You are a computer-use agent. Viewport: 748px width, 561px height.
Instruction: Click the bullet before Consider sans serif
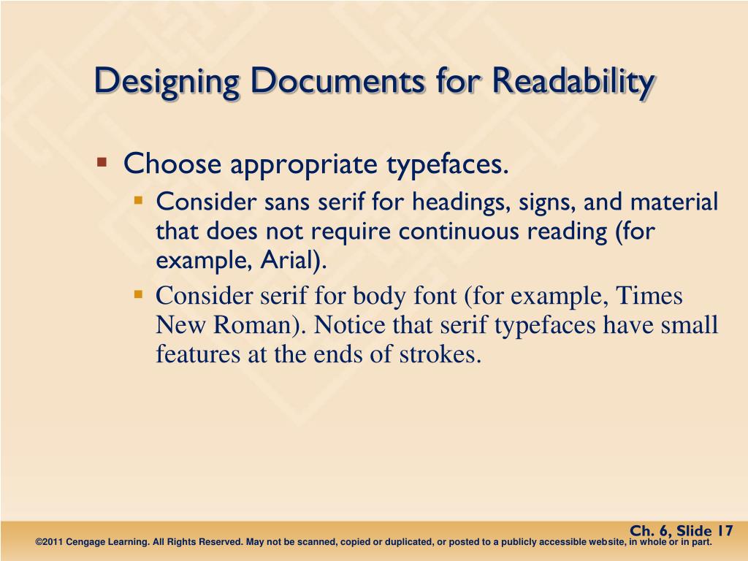[x=138, y=199]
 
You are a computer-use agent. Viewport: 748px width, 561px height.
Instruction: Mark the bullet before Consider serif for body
[x=138, y=294]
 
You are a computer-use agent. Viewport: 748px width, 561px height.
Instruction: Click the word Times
[x=650, y=296]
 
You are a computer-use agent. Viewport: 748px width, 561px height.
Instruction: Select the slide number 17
[x=724, y=530]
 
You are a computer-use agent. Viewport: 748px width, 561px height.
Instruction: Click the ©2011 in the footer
[x=50, y=543]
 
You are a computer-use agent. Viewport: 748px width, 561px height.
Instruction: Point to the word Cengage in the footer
[x=90, y=543]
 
